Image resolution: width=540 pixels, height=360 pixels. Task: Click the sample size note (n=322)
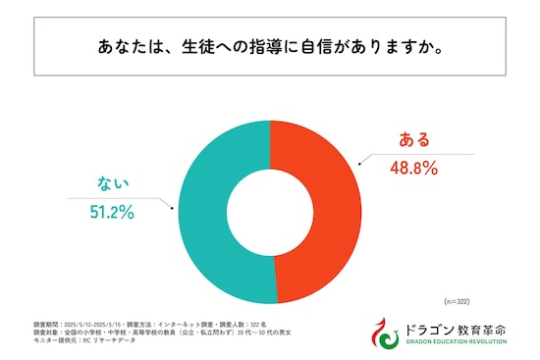(x=459, y=300)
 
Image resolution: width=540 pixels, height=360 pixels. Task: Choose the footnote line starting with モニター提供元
(x=88, y=340)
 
